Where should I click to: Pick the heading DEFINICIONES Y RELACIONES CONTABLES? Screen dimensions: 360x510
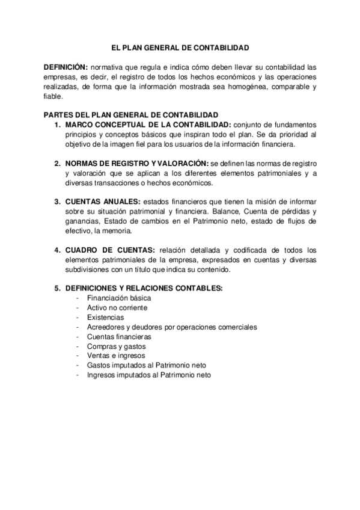tap(144, 288)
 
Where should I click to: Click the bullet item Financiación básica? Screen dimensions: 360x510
tap(119, 298)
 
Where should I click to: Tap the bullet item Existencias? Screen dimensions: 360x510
tap(105, 317)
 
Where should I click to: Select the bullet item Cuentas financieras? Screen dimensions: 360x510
tap(119, 336)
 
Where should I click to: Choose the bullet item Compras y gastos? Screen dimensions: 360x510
tap(116, 346)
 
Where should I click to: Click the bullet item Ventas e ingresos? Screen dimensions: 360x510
tap(115, 355)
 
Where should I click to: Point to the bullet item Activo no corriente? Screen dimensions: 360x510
tap(117, 307)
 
